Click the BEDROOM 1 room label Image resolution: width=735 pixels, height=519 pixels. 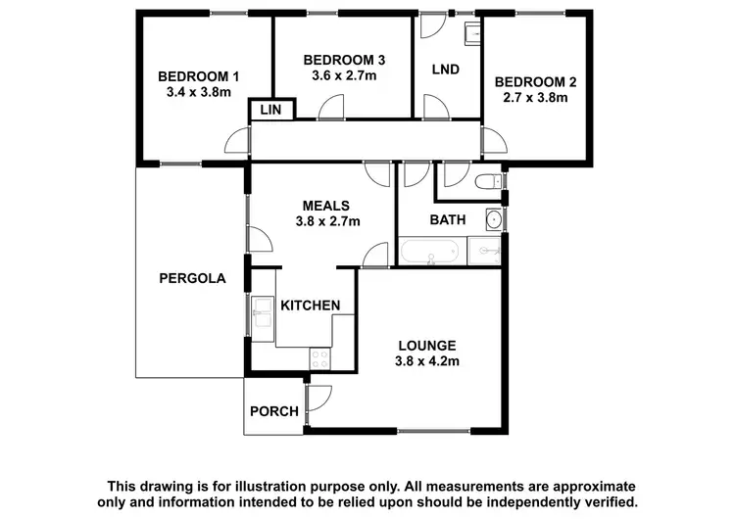pyautogui.click(x=198, y=76)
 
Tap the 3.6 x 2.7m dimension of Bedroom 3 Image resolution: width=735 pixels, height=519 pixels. pyautogui.click(x=337, y=73)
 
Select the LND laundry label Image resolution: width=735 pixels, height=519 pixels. pyautogui.click(x=446, y=71)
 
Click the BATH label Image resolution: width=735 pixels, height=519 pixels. pyautogui.click(x=448, y=219)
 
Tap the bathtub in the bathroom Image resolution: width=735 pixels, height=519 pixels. pyautogui.click(x=432, y=253)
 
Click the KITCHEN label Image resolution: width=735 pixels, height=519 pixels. pyautogui.click(x=311, y=306)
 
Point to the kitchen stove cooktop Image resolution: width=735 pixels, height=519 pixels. pyautogui.click(x=321, y=358)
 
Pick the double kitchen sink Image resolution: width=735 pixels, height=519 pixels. pyautogui.click(x=262, y=315)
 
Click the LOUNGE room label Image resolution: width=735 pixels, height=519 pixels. pyautogui.click(x=426, y=345)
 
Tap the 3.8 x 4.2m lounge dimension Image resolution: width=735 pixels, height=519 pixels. pyautogui.click(x=426, y=361)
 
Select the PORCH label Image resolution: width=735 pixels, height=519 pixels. pyautogui.click(x=273, y=411)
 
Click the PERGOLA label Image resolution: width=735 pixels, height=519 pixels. pyautogui.click(x=192, y=278)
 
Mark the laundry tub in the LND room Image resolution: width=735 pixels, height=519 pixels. pyautogui.click(x=470, y=34)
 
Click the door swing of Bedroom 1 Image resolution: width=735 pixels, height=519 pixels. pyautogui.click(x=236, y=142)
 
